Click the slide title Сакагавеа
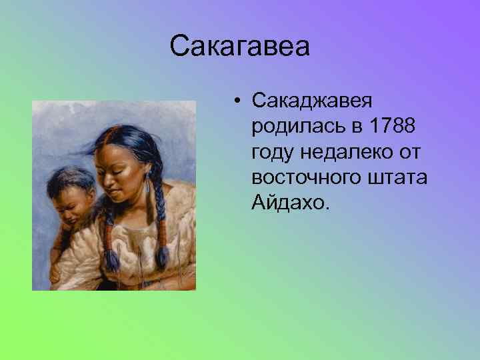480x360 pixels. pos(240,47)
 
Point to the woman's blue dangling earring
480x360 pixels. pos(147,189)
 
